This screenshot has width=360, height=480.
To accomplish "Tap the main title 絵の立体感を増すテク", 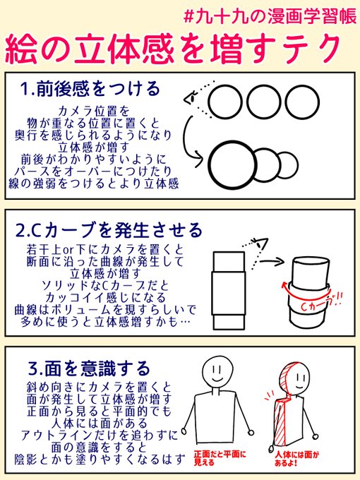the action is tap(173, 49).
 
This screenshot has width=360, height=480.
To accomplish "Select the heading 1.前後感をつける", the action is tap(90, 89).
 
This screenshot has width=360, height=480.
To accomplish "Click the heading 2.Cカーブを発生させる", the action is tap(109, 231).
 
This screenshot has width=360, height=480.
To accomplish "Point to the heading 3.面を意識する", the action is tap(89, 368).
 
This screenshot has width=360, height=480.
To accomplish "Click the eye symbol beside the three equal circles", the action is tap(191, 97).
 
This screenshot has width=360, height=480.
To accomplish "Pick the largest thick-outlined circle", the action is tap(232, 164).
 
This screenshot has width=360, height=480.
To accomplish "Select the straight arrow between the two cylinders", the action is tap(272, 261).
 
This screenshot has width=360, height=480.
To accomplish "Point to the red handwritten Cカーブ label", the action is tap(320, 303).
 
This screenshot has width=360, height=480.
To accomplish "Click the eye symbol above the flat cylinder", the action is tap(260, 244).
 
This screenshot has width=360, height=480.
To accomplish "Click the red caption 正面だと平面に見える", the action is tap(220, 458).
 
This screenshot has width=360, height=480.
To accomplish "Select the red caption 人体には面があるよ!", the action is tap(296, 458).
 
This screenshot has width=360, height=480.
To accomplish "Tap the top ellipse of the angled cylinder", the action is tap(311, 262).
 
